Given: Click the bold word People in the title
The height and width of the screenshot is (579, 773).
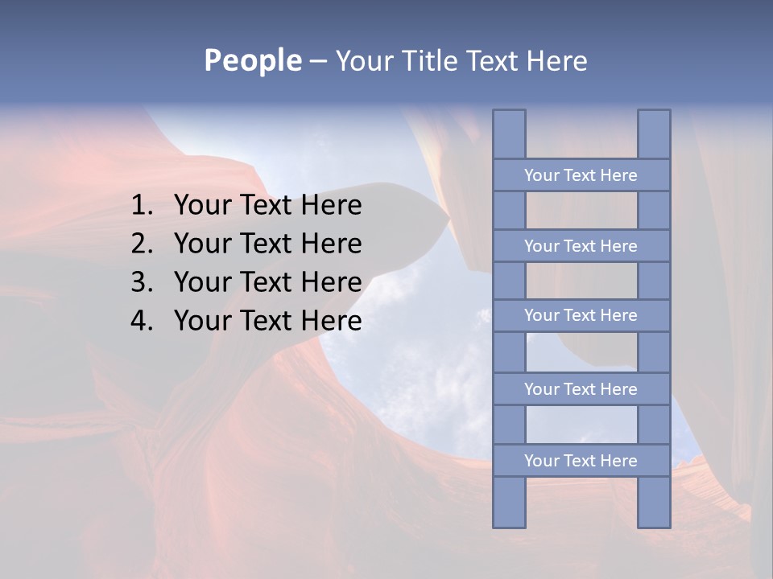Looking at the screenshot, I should [x=253, y=60].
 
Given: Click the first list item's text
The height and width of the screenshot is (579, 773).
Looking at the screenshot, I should [x=267, y=206].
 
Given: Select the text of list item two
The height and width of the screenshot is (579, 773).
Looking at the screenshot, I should [x=267, y=244].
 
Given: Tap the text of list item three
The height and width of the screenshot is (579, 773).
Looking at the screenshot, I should [x=267, y=282].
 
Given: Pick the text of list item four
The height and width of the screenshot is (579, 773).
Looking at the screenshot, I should [x=267, y=321].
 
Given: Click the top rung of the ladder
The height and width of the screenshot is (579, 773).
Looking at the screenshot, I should [x=581, y=175].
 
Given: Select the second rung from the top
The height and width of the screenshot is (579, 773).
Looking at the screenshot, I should [x=581, y=246].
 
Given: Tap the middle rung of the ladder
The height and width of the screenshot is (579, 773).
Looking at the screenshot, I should [x=581, y=315].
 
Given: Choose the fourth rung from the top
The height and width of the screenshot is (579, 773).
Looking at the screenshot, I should [x=581, y=389].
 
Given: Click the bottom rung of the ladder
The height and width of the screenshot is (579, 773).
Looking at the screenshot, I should [x=581, y=461].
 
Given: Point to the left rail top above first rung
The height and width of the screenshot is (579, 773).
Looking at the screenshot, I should [x=509, y=134].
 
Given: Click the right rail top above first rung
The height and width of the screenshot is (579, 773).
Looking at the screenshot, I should [x=654, y=134].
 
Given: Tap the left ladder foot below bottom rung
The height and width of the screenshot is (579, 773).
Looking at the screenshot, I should [x=509, y=502].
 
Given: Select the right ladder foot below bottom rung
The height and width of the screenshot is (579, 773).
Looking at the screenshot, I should [x=654, y=502].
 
